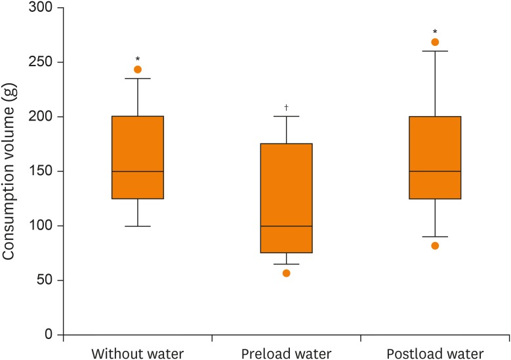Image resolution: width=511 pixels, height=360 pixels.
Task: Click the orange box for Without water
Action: (138, 157)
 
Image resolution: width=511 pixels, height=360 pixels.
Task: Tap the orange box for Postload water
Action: (435, 157)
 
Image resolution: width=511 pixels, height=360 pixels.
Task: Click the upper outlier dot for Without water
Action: (138, 70)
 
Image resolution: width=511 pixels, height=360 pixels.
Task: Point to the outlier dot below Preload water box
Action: (287, 273)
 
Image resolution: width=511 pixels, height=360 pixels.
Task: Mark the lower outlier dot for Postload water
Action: (435, 246)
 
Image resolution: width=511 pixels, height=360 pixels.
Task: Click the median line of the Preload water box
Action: (287, 226)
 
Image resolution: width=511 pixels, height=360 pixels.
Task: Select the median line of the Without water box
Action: (138, 171)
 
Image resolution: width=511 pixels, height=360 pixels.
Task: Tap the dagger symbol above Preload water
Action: (287, 107)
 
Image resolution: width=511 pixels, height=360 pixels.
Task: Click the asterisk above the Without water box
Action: (138, 59)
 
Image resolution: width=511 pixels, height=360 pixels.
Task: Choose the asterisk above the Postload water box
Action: (435, 31)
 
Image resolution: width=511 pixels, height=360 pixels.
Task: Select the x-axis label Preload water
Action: (287, 353)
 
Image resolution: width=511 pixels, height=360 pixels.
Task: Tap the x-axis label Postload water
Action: (435, 353)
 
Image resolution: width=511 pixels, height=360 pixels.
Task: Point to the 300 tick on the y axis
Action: (60, 8)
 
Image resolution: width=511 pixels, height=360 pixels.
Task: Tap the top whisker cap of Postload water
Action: (435, 50)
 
